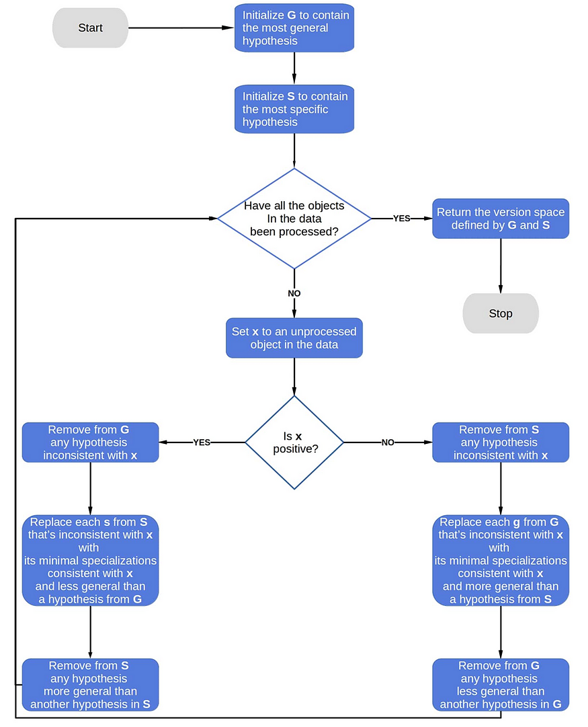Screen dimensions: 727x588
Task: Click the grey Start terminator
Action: coord(90,28)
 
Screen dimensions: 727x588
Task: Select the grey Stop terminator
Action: coord(500,313)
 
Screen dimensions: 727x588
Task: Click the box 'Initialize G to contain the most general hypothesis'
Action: coord(294,28)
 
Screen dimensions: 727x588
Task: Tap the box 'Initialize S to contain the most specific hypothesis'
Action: coord(294,109)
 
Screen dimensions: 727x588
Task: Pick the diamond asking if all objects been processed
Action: coord(294,218)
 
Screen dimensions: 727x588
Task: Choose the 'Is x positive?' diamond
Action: coord(294,442)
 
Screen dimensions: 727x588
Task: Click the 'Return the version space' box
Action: coord(500,219)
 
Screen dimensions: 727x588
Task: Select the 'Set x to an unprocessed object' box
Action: coord(294,338)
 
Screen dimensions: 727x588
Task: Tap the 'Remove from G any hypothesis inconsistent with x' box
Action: coord(90,443)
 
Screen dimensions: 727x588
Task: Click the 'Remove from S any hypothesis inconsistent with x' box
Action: coord(500,443)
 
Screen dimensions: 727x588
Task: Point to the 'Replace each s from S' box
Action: coord(90,560)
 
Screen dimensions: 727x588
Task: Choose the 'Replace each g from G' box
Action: coord(500,560)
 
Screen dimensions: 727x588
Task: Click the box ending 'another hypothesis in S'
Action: coord(90,685)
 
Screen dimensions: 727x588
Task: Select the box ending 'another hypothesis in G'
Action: coord(500,685)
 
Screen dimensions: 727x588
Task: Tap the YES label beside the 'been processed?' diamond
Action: coord(401,219)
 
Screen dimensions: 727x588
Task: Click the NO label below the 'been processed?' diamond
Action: coord(294,293)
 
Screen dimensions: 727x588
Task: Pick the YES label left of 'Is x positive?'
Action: coord(202,443)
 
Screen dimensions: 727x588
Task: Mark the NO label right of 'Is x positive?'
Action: coord(388,443)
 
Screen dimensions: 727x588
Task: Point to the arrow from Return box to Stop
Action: coord(500,266)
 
